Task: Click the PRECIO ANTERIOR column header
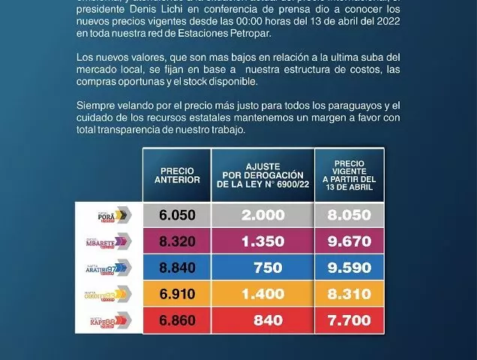(x=177, y=175)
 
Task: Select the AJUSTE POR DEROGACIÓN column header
(x=262, y=175)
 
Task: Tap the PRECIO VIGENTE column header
(x=349, y=175)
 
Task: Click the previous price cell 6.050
(x=177, y=215)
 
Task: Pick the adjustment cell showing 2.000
(x=262, y=215)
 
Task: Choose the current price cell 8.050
(x=349, y=215)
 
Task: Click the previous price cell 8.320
(x=177, y=241)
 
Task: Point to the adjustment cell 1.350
(x=262, y=241)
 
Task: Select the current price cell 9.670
(x=349, y=241)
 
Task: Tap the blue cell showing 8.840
(x=177, y=268)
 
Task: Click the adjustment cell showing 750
(x=262, y=268)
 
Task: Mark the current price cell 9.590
(x=349, y=268)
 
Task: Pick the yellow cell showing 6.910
(x=177, y=294)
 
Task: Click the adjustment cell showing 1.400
(x=262, y=294)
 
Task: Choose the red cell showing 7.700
(x=349, y=320)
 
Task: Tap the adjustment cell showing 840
(x=262, y=320)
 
